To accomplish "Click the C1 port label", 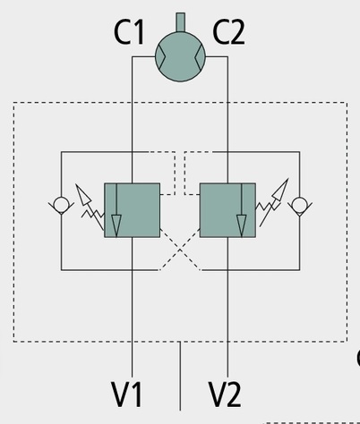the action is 129,32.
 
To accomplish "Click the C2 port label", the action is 228,32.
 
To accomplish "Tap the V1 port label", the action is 126,394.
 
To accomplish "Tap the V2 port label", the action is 224,394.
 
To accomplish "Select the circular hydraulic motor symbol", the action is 180,56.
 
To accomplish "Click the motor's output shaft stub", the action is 180,21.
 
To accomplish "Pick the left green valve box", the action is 132,210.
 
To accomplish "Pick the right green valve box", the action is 227,210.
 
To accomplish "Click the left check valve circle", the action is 61,205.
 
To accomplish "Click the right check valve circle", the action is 299,205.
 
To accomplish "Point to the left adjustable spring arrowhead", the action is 82,194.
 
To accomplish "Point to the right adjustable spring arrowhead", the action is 281,190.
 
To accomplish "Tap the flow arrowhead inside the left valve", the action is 116,225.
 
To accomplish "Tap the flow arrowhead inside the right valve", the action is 242,225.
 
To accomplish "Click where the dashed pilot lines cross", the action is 180,250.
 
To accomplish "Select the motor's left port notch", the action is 160,56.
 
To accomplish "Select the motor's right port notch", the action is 200,56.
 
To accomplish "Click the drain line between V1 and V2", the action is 180,376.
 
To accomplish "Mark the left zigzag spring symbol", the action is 93,214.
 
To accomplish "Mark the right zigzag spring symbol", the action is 268,206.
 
